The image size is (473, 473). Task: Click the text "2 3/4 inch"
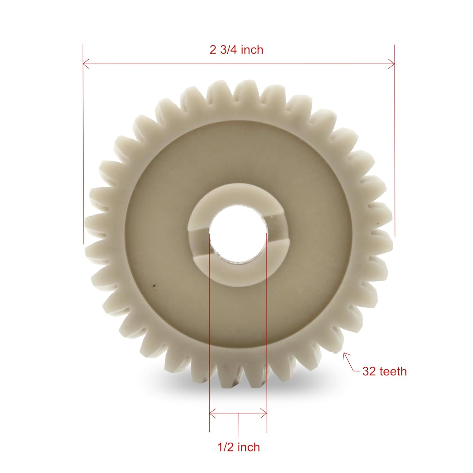tap(236, 50)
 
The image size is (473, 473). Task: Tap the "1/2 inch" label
tap(239, 447)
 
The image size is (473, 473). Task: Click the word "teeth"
tap(393, 371)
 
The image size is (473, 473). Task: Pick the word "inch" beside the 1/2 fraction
tap(249, 447)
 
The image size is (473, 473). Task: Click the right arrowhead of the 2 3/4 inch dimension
tap(393, 64)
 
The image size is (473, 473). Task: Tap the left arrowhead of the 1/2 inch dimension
tap(211, 412)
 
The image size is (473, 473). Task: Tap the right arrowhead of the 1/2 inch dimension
tap(265, 412)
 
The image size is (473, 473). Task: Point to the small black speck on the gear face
tap(154, 286)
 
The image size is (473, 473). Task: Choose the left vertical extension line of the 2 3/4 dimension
tap(83, 142)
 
